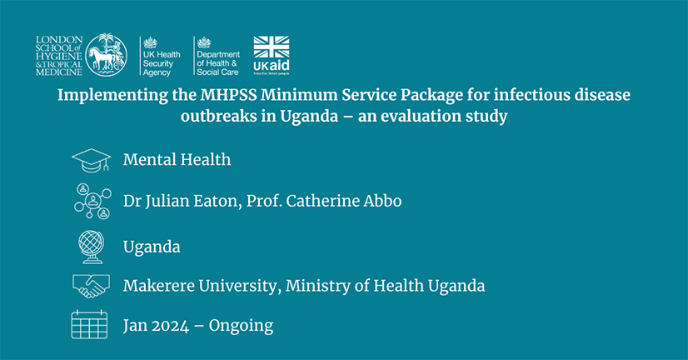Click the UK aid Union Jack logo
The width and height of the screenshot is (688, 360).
coord(272,55)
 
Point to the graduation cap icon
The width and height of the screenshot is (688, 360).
coord(91,160)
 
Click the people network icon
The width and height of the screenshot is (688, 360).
coord(92,201)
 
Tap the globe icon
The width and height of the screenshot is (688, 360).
coord(91,247)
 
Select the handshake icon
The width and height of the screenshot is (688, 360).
coord(91,286)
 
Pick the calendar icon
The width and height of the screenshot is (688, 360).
coord(90,324)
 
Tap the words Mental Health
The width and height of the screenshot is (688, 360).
coord(177,159)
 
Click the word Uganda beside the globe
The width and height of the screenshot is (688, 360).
coord(152,247)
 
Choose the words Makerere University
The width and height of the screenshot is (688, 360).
coord(199,286)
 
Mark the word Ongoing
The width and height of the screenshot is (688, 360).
coord(241,325)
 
